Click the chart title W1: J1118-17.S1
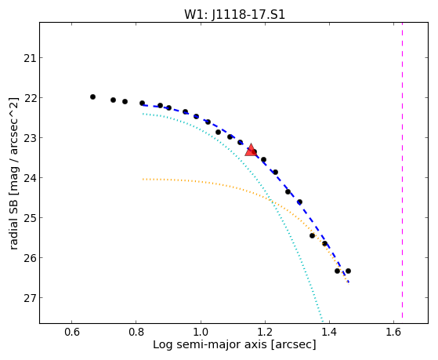[x=234, y=14]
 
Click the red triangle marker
[x=251, y=150]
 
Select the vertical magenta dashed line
[x=402, y=170]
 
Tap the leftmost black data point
[x=92, y=96]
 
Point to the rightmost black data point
[x=348, y=271]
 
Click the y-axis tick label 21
[x=29, y=58]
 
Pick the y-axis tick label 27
[x=29, y=297]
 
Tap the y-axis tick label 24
[x=29, y=178]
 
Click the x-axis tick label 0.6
[x=72, y=332]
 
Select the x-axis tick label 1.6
[x=393, y=332]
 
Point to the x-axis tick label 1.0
[x=201, y=332]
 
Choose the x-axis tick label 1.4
[x=329, y=332]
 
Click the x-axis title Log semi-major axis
[x=210, y=344]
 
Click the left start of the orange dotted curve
[x=143, y=179]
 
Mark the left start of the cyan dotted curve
[x=143, y=114]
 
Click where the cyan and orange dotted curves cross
[x=270, y=199]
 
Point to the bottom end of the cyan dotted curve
[x=322, y=322]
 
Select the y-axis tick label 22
[x=29, y=98]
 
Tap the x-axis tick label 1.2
[x=265, y=332]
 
